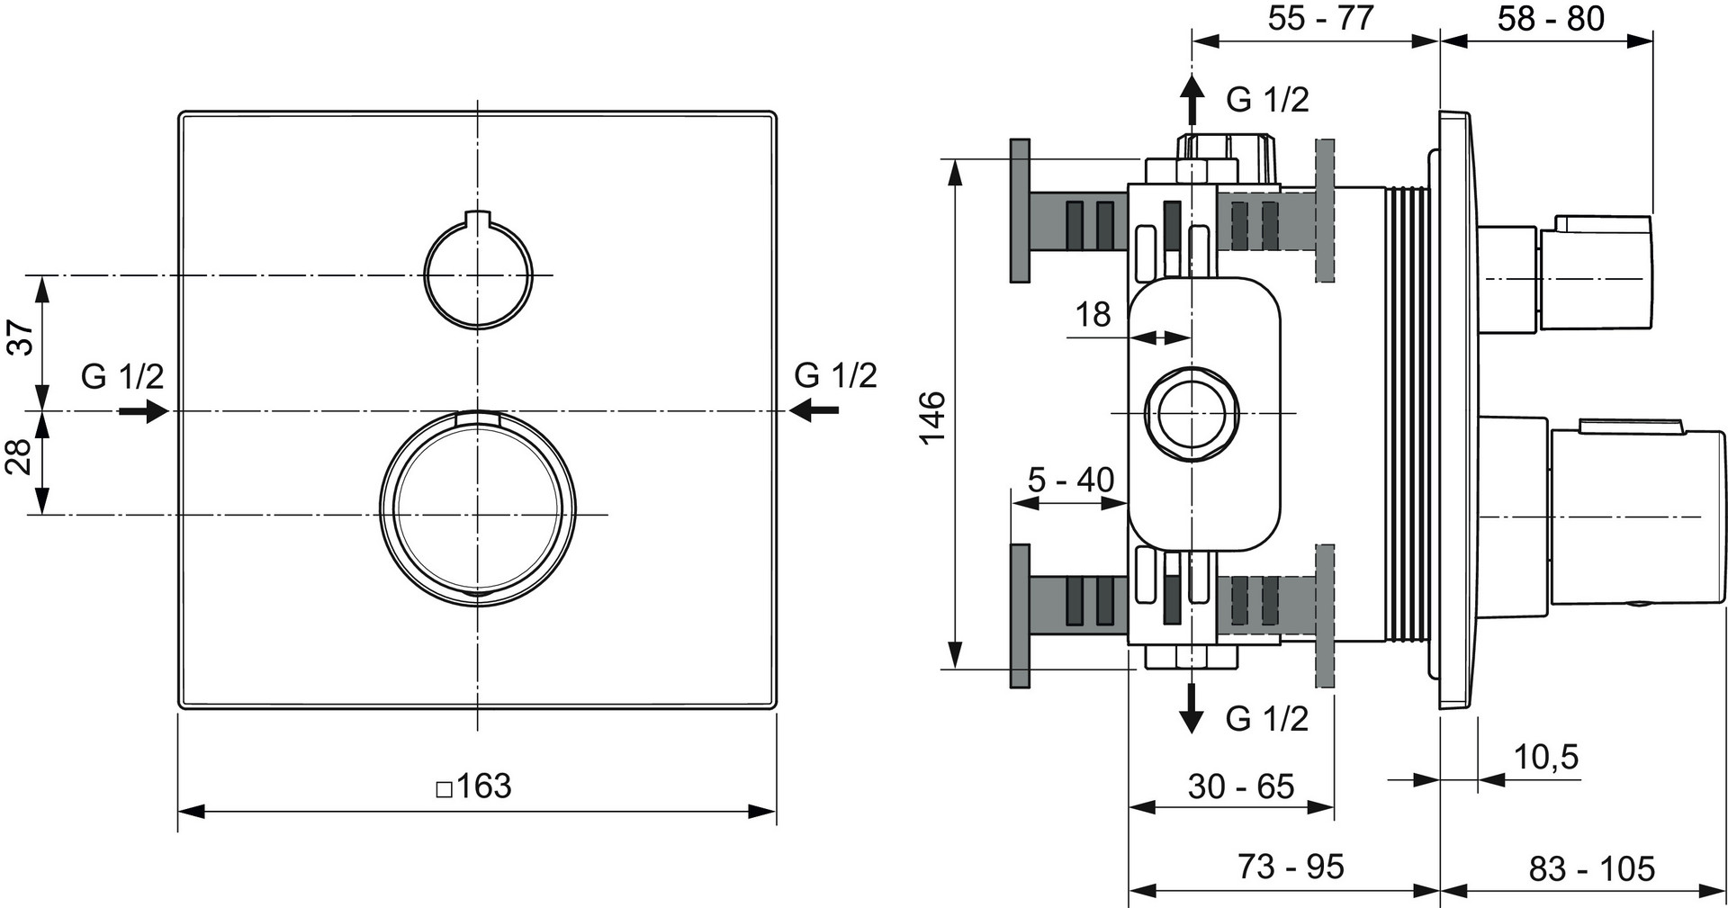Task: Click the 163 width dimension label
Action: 483,786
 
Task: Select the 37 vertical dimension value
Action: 21,337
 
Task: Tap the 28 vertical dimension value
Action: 21,458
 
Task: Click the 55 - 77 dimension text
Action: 1320,18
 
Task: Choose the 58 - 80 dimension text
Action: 1551,18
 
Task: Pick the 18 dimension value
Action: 1093,315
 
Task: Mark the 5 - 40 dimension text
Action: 1071,480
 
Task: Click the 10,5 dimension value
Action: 1546,757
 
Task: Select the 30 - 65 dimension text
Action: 1240,787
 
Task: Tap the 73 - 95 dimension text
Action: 1290,867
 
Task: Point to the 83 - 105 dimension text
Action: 1591,868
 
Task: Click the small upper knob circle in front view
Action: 478,274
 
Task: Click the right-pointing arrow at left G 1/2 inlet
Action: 143,411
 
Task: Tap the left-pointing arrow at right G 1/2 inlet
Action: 814,411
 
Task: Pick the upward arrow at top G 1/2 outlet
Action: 1192,99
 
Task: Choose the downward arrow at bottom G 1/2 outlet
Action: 1192,708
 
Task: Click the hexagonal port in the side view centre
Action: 1192,413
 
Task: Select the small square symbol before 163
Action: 444,789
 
